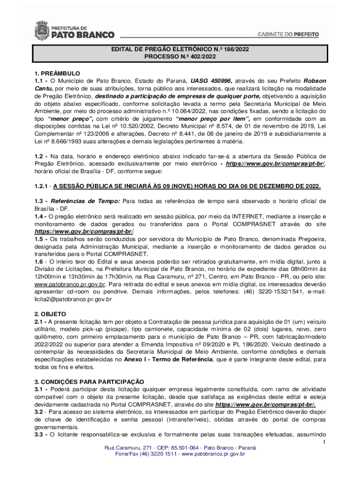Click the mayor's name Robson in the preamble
315,80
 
